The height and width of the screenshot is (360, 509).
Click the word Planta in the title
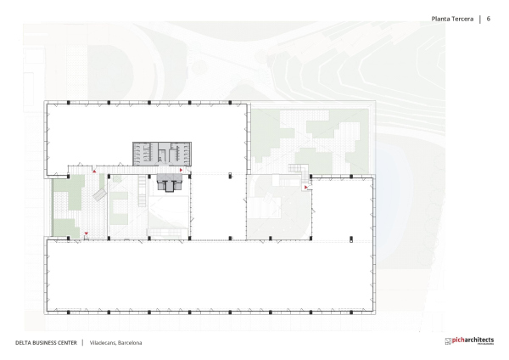(x=441, y=19)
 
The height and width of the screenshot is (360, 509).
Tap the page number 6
(x=489, y=19)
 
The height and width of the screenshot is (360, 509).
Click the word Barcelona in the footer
(x=130, y=342)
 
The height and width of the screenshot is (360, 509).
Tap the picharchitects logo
(x=468, y=341)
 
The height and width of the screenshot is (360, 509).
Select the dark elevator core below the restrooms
(x=170, y=183)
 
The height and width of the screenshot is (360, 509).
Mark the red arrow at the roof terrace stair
(x=305, y=187)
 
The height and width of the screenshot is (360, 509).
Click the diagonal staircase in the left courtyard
(x=99, y=196)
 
